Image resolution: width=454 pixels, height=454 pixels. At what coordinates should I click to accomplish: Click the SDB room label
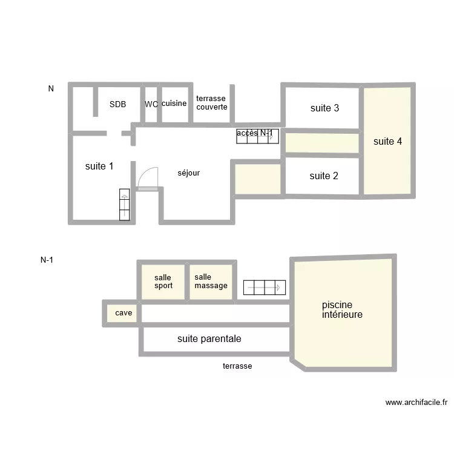[117, 104]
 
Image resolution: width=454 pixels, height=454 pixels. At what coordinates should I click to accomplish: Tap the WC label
[151, 104]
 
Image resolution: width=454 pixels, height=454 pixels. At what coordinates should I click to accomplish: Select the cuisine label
[174, 104]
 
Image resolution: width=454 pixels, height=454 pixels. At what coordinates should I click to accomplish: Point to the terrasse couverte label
[212, 102]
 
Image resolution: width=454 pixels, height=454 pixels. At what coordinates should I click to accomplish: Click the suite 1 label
[99, 166]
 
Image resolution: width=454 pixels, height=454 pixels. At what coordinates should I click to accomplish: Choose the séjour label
[188, 173]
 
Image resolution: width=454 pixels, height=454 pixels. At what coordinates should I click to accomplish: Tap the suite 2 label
[324, 176]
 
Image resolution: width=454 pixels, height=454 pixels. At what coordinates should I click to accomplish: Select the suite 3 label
[324, 108]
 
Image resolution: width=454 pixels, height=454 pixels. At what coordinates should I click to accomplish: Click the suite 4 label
[387, 142]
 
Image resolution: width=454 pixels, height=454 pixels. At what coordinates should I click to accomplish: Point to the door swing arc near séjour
[147, 177]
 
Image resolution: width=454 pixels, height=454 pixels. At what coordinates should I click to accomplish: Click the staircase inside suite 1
[125, 204]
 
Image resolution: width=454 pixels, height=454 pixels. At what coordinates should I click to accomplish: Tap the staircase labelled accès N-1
[257, 136]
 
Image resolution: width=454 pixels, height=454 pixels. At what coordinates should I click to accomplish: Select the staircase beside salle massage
[264, 287]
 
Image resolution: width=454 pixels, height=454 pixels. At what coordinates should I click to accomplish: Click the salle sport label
[163, 281]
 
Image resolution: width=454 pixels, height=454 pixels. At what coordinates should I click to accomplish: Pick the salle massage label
[211, 281]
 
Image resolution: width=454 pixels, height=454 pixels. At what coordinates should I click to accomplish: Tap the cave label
[123, 313]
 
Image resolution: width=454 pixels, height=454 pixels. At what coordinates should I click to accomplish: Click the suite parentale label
[209, 339]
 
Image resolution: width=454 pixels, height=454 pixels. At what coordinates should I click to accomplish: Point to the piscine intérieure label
[342, 310]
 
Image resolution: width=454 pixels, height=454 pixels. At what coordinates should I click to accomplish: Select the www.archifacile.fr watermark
[416, 402]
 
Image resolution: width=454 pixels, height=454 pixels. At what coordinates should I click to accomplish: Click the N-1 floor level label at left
[47, 260]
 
